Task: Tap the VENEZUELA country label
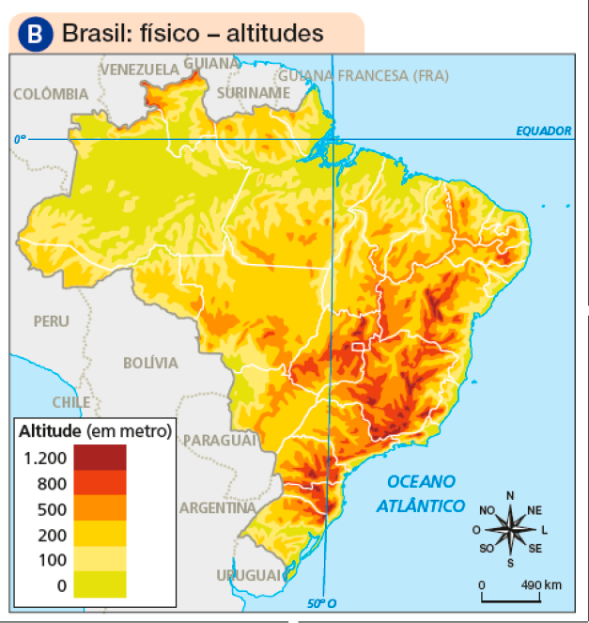click(139, 70)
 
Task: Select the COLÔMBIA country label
click(51, 94)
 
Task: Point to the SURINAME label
click(253, 93)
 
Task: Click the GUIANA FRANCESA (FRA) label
click(363, 75)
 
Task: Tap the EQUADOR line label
click(543, 131)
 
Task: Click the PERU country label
click(51, 320)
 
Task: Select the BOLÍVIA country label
click(150, 363)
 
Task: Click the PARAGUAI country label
click(220, 440)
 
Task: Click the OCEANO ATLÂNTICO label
click(421, 493)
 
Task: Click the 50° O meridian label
click(320, 602)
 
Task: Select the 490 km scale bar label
click(543, 584)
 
